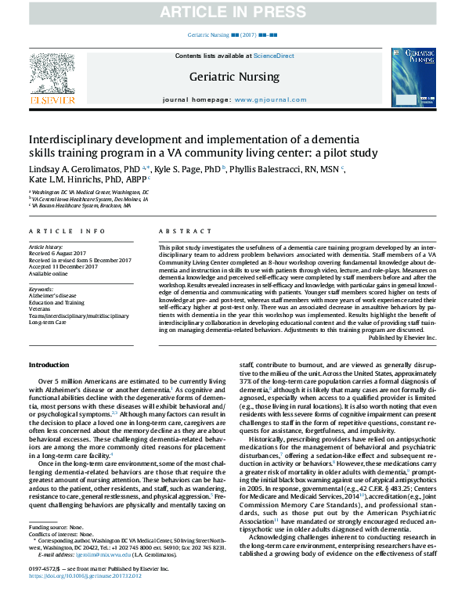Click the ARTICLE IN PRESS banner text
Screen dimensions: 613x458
[229, 12]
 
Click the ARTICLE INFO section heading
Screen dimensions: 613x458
[67, 232]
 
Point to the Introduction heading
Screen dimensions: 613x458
[49, 365]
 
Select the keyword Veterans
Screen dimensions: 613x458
[40, 309]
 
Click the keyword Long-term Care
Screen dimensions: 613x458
[49, 322]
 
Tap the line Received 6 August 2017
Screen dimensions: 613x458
[57, 253]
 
